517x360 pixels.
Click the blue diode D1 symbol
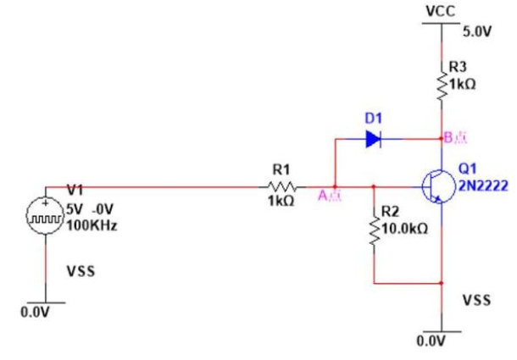point(372,139)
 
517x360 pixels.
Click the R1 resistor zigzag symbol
point(281,186)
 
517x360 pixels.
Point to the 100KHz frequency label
point(91,227)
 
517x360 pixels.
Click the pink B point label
point(459,137)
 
